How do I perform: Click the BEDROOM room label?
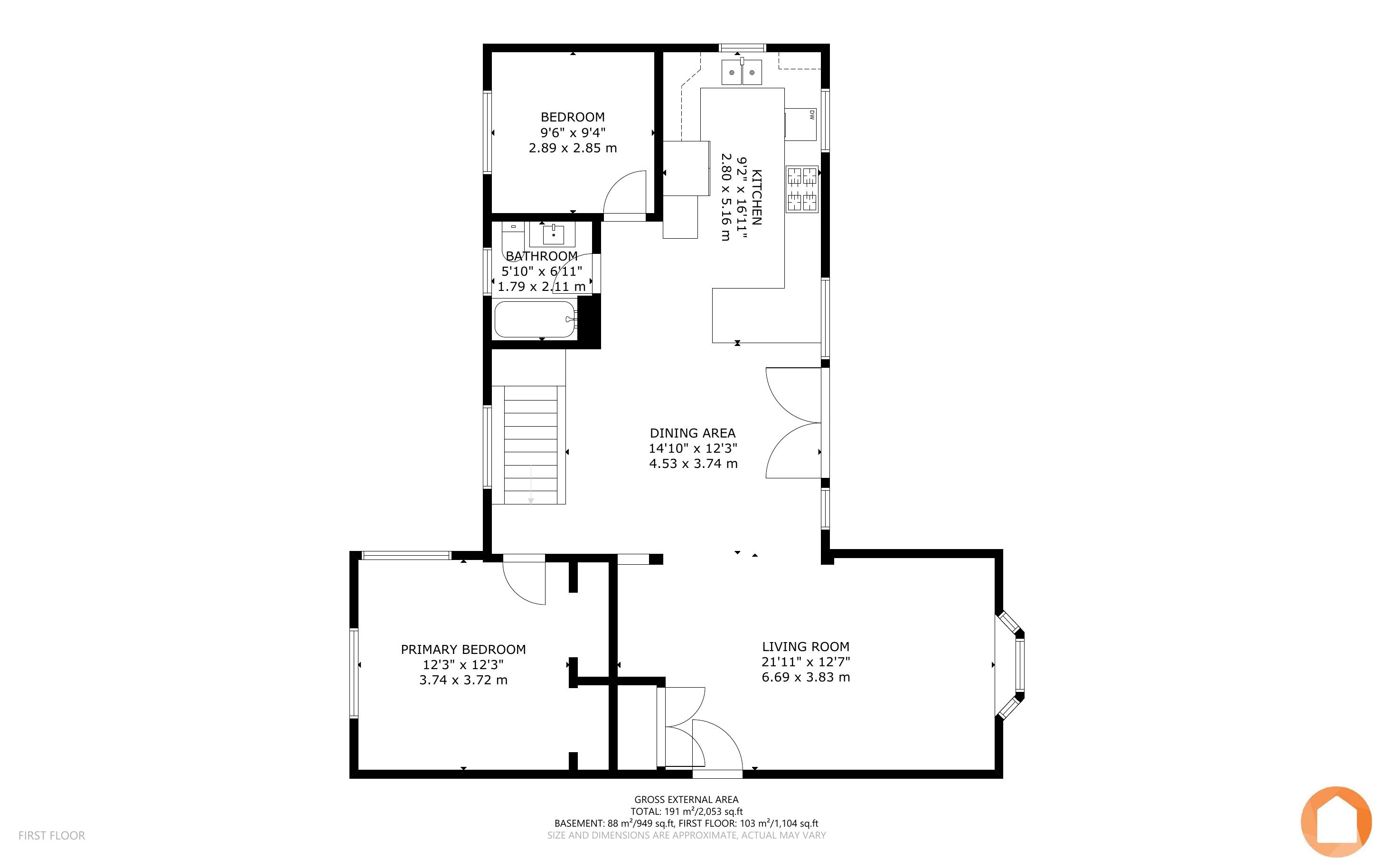pos(573,117)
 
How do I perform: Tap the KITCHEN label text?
pos(756,197)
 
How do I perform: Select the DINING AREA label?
pos(692,433)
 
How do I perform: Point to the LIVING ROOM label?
pos(805,646)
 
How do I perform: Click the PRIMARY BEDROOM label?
pos(463,649)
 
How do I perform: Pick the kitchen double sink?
pos(742,72)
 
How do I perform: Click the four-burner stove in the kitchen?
pos(802,189)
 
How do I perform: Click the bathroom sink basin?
pos(553,234)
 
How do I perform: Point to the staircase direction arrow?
pos(531,484)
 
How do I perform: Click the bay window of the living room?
pos(1010,664)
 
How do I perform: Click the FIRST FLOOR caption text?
pos(52,835)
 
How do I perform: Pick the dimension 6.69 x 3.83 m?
pos(805,677)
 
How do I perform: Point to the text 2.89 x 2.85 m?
pos(573,148)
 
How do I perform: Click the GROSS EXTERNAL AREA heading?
pos(686,800)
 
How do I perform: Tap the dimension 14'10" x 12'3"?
pos(693,448)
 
